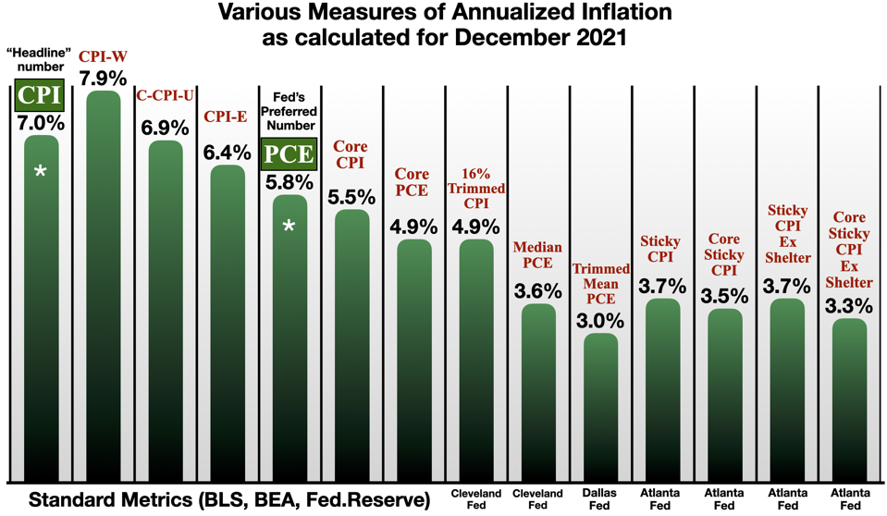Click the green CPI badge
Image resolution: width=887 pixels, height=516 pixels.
(41, 95)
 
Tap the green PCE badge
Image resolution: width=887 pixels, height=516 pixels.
(289, 154)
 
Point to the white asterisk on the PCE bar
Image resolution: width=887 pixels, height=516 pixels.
(289, 227)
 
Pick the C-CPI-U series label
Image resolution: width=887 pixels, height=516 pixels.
(165, 95)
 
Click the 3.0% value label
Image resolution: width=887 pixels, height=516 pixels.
(599, 321)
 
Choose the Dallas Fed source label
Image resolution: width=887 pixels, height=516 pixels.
(599, 499)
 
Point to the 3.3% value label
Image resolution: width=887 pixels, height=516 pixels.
(849, 306)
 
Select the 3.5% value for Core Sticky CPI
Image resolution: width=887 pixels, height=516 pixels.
(725, 297)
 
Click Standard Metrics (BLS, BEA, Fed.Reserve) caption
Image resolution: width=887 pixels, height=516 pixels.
(229, 500)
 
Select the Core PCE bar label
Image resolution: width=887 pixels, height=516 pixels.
(413, 182)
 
